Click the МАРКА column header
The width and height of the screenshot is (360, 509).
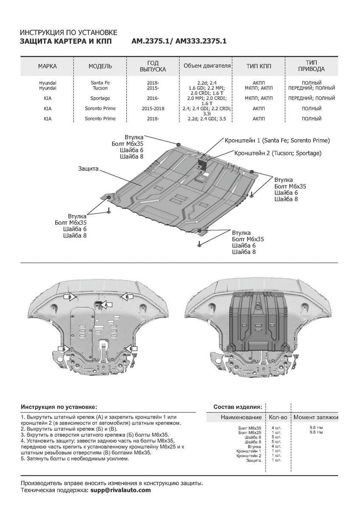[47, 67]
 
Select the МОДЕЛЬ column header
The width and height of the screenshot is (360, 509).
[100, 67]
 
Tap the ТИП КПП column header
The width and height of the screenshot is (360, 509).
[259, 67]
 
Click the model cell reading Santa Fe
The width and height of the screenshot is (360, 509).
[100, 83]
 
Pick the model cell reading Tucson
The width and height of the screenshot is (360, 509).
[100, 88]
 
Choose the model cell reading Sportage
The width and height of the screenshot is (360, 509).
[100, 98]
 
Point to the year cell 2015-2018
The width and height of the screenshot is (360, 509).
[154, 109]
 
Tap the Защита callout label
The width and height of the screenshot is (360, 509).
[88, 169]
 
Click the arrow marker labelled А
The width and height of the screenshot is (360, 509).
[107, 305]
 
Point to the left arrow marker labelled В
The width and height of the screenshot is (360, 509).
[69, 297]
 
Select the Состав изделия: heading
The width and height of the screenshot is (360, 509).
[240, 407]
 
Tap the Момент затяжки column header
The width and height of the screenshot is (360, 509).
[316, 418]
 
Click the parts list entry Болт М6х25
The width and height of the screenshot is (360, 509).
[249, 433]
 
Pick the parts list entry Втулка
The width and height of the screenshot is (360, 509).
[254, 447]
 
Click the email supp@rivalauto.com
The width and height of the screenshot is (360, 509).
[120, 490]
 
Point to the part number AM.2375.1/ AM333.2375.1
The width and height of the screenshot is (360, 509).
[179, 42]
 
